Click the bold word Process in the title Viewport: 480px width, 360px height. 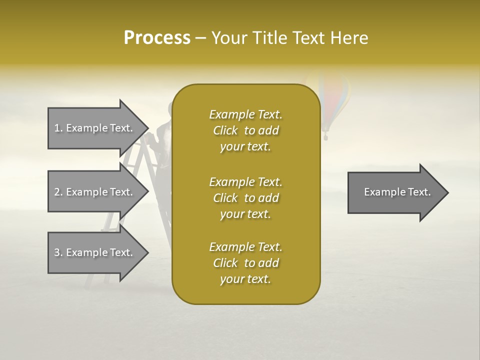click(x=157, y=38)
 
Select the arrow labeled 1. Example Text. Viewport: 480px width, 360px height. click(x=95, y=128)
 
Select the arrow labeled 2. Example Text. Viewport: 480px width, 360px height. click(x=95, y=192)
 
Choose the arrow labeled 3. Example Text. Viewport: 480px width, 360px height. click(x=95, y=252)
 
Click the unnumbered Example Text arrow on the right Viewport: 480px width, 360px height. click(x=397, y=192)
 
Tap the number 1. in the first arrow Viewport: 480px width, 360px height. click(x=58, y=128)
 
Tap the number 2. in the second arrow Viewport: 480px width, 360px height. click(x=58, y=192)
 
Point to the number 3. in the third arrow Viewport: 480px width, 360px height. click(x=58, y=252)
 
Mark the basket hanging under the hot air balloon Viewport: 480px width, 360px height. click(x=326, y=135)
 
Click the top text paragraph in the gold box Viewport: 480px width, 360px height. click(x=245, y=130)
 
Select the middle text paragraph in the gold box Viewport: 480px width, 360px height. click(x=245, y=198)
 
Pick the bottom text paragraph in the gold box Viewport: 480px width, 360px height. click(x=245, y=263)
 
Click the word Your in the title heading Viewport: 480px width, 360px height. click(x=228, y=38)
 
